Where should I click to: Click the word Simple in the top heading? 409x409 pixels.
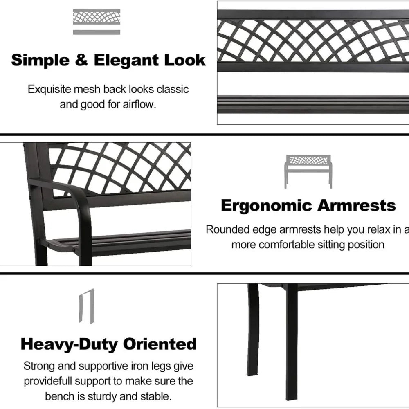point(40,61)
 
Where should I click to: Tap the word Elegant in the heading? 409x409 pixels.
point(126,61)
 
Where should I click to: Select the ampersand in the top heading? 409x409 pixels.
point(82,60)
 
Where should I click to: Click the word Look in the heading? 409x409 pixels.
point(185,60)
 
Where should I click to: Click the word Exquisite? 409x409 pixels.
point(49,90)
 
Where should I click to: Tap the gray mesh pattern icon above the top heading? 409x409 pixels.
point(97,22)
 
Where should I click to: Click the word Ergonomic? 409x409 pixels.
point(266,206)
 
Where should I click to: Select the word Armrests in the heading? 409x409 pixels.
point(357,205)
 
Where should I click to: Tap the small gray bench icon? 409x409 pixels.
point(308,171)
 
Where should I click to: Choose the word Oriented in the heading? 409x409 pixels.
point(160,344)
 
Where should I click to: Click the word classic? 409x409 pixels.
point(173,89)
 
